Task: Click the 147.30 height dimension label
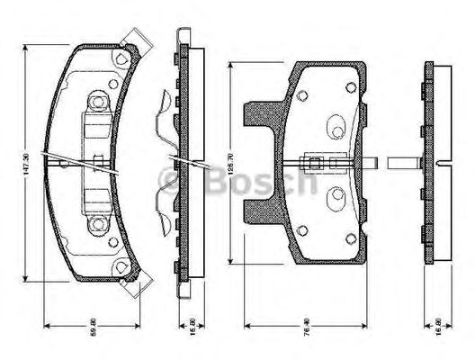pos(29,162)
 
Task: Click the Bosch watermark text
pos(238,183)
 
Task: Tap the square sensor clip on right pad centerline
pos(316,163)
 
